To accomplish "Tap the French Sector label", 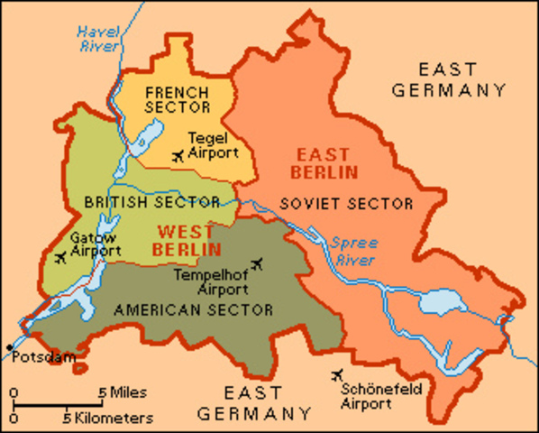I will tap(177, 99).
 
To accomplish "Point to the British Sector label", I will tap(151, 202).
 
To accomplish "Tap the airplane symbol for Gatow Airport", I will tap(59, 259).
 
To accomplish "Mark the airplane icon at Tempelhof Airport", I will tap(260, 263).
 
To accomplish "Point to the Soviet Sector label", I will tap(345, 203).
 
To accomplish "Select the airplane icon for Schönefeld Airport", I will tap(340, 374).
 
